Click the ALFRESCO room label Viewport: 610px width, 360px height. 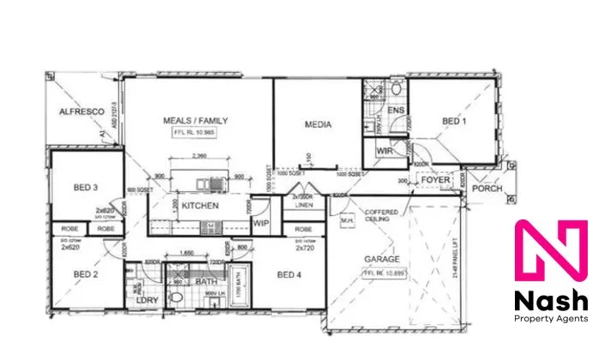coord(81,112)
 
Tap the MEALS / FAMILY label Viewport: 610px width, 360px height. coord(195,122)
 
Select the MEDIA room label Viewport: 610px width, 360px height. coord(318,125)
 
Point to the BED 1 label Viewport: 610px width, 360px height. coord(454,123)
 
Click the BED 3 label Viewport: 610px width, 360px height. coord(84,189)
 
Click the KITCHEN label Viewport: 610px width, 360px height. coord(200,207)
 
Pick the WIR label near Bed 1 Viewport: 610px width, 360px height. coord(384,152)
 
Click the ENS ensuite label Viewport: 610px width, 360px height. coord(395,111)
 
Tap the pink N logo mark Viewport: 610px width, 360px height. coord(550,253)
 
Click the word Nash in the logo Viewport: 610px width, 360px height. coord(550,301)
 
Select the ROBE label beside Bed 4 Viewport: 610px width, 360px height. coord(303,230)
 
